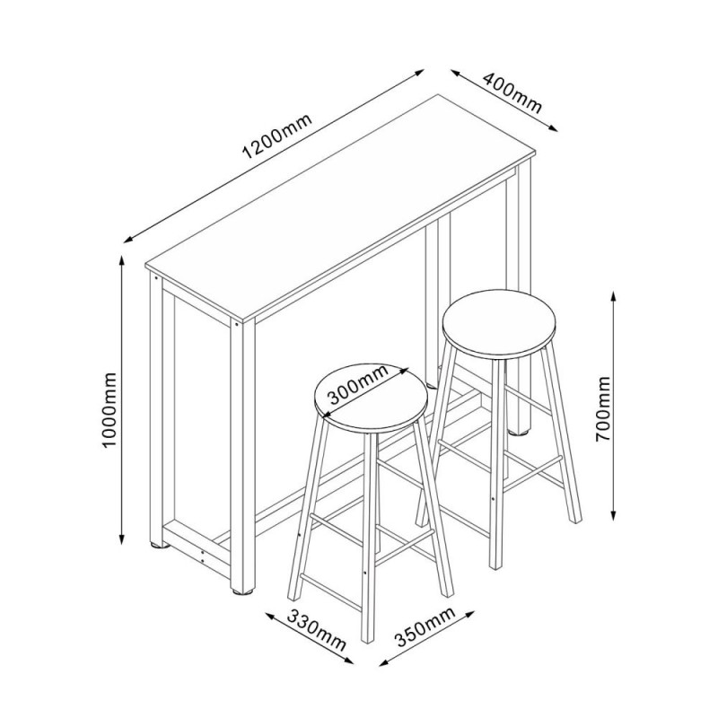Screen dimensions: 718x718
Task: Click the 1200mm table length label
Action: tap(277, 136)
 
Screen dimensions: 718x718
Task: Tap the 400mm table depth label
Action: tap(512, 92)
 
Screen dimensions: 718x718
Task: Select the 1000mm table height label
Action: tap(109, 410)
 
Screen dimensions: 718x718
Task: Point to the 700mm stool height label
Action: tap(604, 409)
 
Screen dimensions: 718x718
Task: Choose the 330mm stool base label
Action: tap(316, 631)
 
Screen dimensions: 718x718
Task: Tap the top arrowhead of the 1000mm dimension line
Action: tap(122, 260)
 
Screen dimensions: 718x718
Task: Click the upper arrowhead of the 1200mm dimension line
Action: tap(419, 73)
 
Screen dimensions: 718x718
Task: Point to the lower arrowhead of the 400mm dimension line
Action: tap(552, 127)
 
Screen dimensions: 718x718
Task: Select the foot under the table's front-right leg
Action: tap(242, 591)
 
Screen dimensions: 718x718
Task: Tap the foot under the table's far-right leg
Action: tap(519, 431)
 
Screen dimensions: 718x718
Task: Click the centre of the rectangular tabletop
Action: tap(340, 206)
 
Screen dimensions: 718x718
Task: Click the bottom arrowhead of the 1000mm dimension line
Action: tap(122, 540)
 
